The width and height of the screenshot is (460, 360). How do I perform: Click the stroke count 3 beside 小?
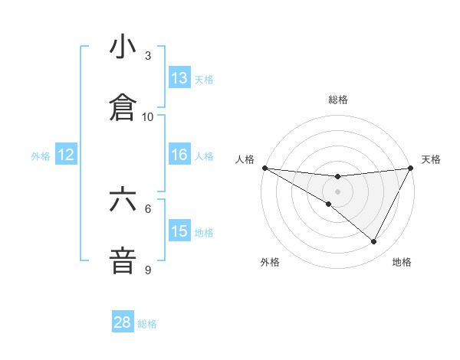[148, 56]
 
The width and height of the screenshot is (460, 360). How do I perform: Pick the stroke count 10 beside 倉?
[148, 117]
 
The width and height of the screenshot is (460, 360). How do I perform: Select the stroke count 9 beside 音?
[148, 270]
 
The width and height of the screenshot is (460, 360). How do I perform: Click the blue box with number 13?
[179, 78]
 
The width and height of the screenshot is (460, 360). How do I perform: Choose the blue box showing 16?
[179, 155]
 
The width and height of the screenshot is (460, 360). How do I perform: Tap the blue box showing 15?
[179, 231]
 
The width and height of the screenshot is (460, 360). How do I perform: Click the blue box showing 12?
[66, 155]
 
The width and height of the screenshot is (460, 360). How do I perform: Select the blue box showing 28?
[123, 322]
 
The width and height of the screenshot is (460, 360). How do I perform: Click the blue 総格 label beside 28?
[147, 324]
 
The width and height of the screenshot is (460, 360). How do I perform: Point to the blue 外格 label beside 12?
[41, 156]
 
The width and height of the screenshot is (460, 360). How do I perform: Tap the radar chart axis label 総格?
[337, 100]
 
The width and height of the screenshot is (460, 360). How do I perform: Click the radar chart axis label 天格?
[432, 159]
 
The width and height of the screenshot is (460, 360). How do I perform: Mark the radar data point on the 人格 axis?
[264, 168]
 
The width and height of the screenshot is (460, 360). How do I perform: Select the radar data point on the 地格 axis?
[374, 242]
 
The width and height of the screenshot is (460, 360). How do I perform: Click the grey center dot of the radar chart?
[337, 191]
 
